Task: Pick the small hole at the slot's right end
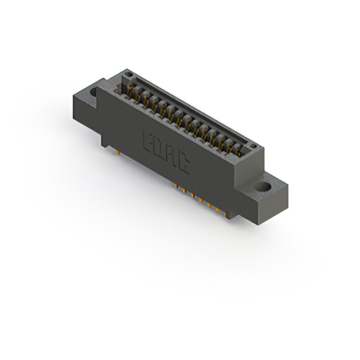(253, 147)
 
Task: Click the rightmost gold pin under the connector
(218, 213)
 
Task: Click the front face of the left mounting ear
(84, 110)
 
